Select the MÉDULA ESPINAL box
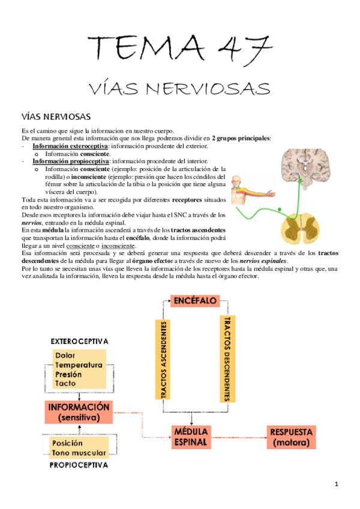click(x=191, y=437)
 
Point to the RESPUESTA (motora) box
click(x=291, y=437)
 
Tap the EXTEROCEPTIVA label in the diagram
click(x=79, y=341)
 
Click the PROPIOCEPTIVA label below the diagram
click(x=79, y=465)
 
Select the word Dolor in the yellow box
click(x=65, y=355)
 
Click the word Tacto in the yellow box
click(x=65, y=382)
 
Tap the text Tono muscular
click(x=79, y=453)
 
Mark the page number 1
click(x=337, y=484)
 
